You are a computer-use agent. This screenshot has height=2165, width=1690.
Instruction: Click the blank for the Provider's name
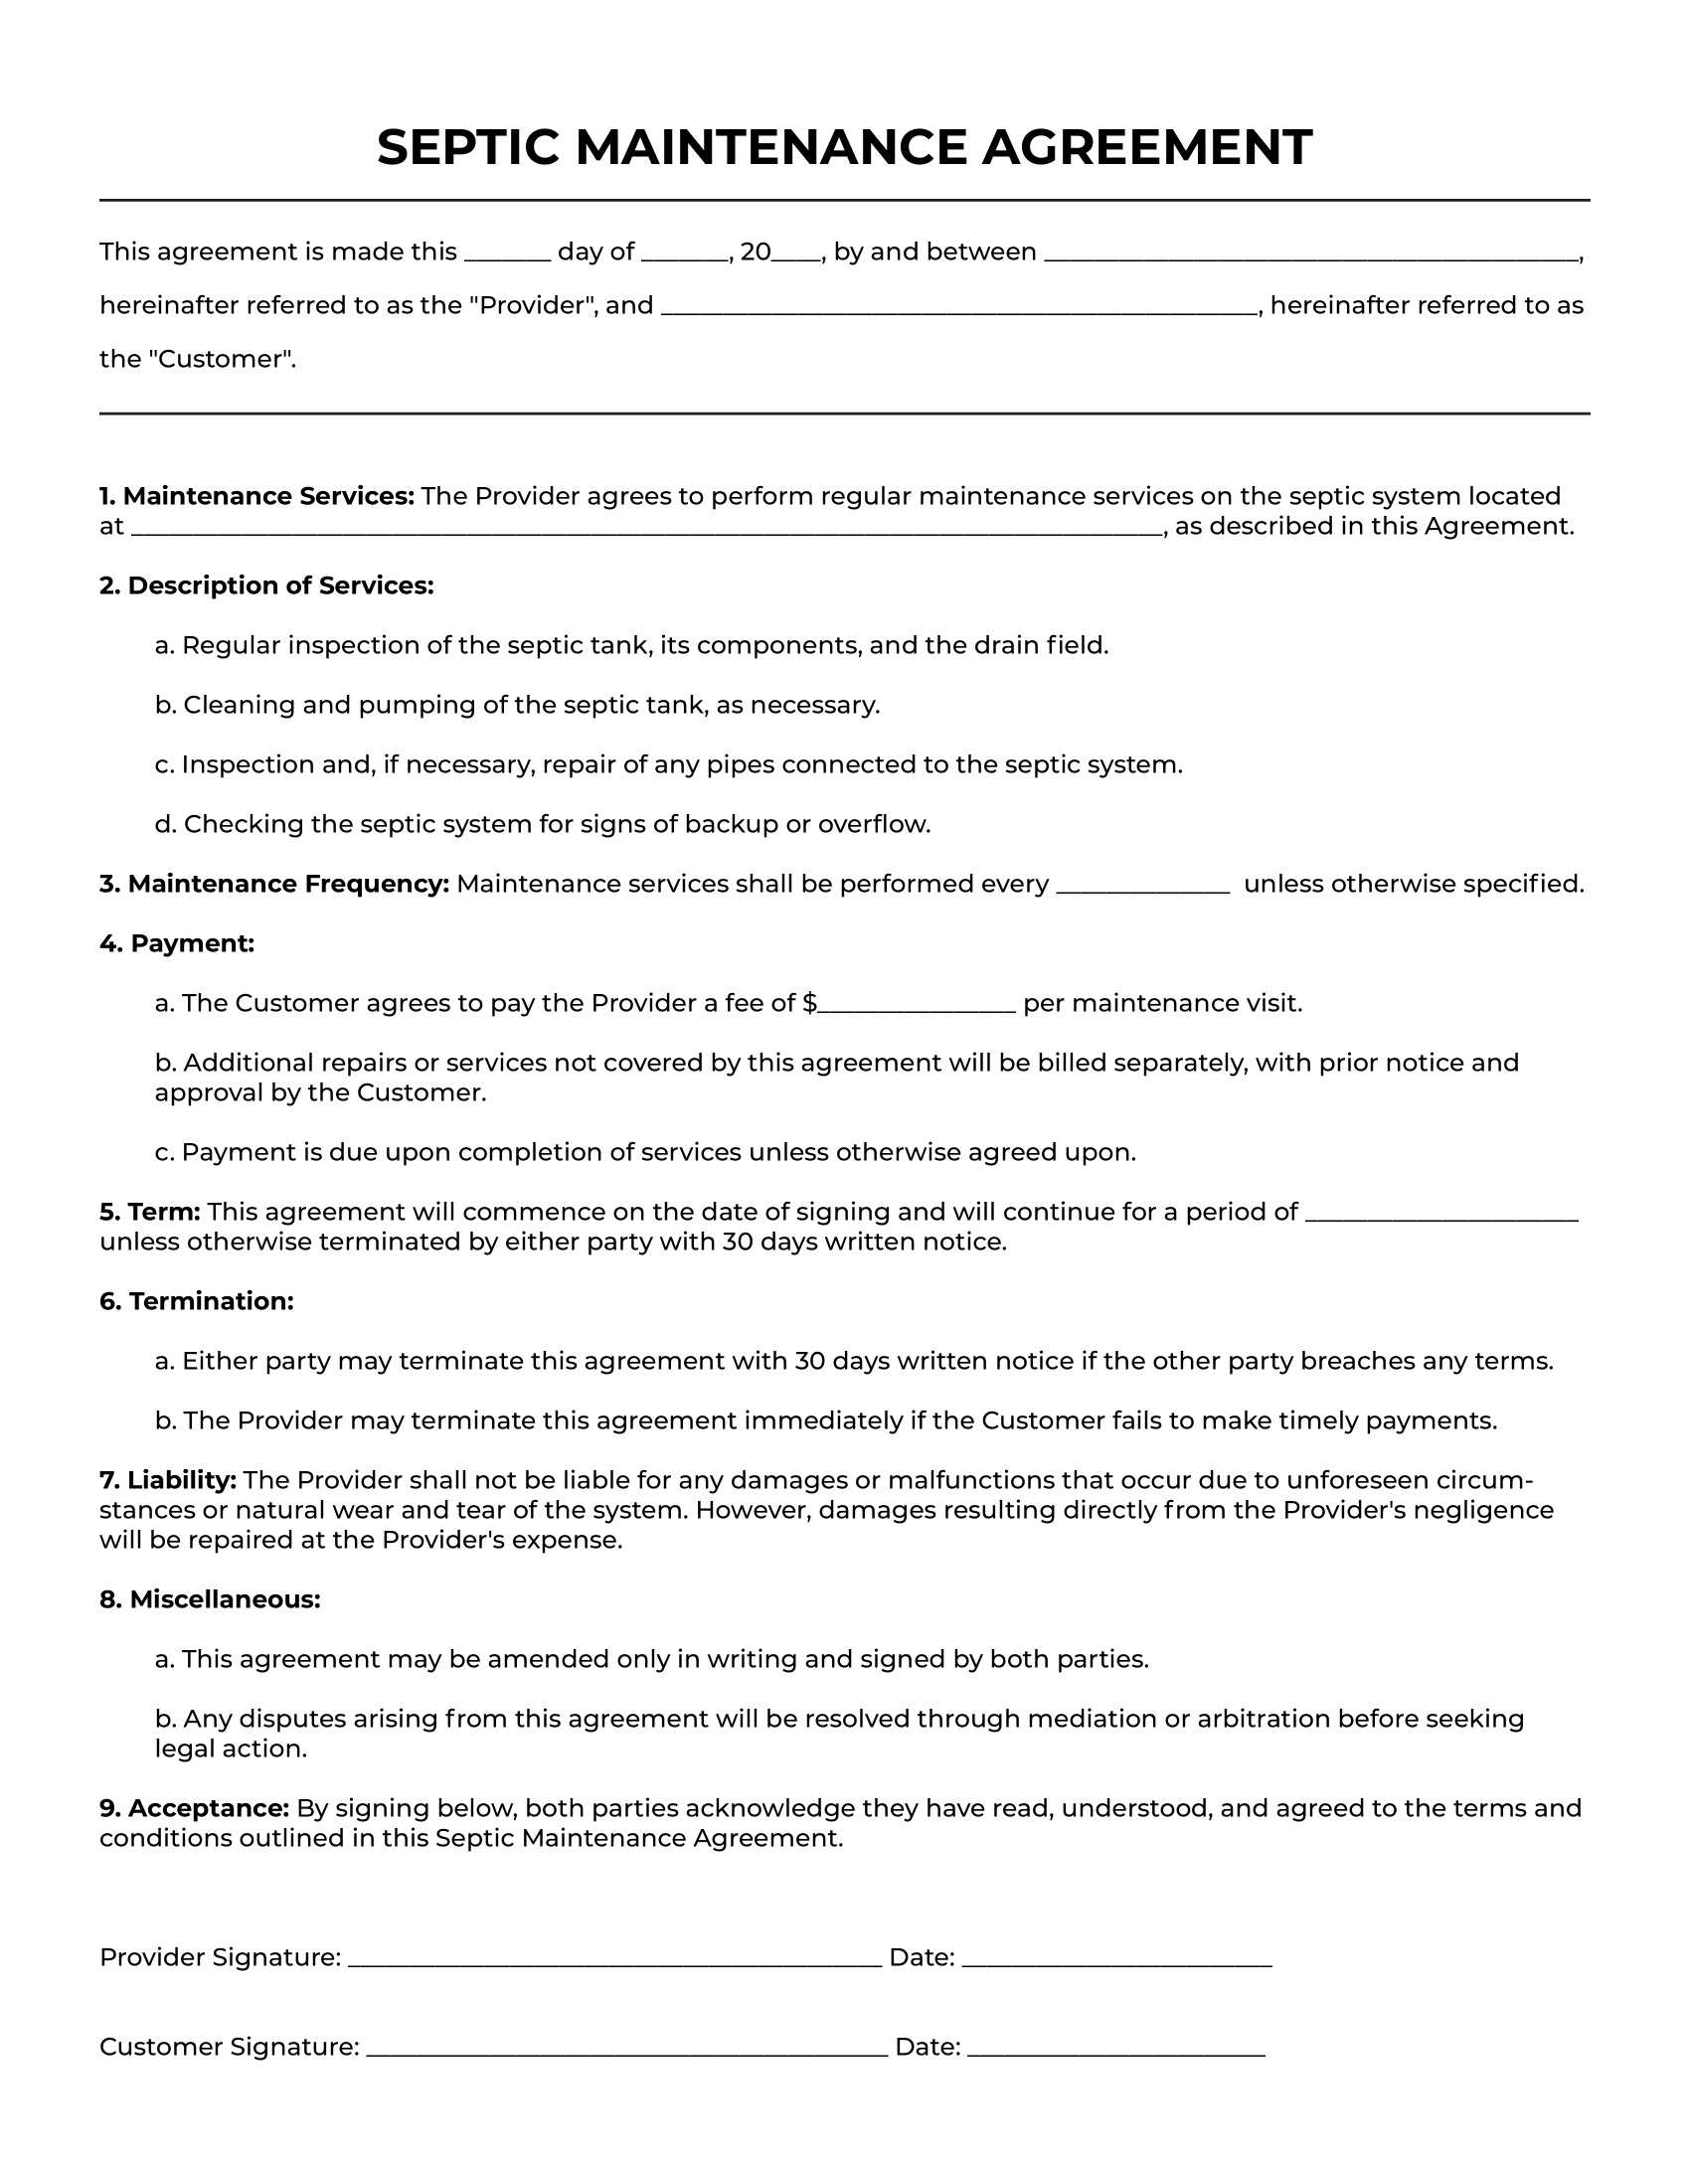click(1312, 254)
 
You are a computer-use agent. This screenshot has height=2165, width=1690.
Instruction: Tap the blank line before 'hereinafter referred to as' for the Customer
click(959, 308)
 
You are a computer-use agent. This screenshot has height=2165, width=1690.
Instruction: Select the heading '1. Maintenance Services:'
click(256, 496)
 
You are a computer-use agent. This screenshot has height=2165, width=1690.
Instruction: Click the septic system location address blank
click(646, 529)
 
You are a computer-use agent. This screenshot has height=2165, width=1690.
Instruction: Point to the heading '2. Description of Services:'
click(266, 585)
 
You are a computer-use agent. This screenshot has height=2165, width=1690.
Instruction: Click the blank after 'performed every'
click(1142, 887)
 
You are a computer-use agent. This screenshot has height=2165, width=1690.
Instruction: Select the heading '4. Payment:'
click(177, 943)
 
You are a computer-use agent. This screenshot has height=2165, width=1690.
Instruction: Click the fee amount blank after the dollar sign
click(916, 1006)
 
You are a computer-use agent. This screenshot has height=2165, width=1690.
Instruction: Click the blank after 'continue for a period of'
click(1440, 1215)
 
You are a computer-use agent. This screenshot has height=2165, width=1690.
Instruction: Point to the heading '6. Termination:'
click(197, 1301)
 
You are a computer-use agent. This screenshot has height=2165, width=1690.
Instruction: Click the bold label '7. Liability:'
click(168, 1480)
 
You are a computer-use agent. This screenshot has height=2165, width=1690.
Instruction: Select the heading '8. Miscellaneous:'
click(210, 1599)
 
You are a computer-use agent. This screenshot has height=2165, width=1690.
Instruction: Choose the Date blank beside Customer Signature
click(1115, 2050)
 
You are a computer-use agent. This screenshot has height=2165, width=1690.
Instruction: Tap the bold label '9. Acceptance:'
click(194, 1808)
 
